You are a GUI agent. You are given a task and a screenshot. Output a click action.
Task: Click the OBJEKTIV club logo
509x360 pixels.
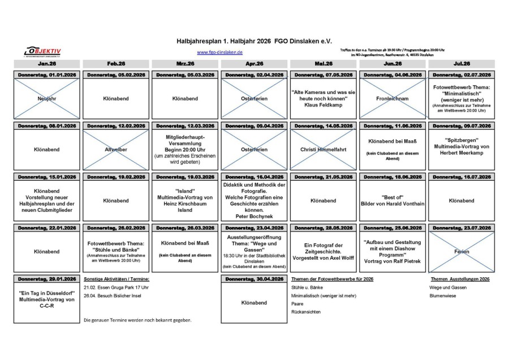pos(42,52)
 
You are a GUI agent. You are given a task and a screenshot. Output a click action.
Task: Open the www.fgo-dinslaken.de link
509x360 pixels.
pos(219,52)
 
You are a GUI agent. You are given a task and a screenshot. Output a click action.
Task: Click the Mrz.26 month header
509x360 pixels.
pos(185,64)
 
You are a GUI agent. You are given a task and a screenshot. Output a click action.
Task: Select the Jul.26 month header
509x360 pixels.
pos(461,64)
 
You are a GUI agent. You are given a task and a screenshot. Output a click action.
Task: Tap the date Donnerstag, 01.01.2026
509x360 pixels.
pos(46,75)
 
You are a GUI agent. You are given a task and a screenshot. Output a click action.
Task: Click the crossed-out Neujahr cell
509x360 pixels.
pos(46,98)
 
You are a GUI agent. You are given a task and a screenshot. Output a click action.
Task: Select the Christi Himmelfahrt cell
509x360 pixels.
pos(323,149)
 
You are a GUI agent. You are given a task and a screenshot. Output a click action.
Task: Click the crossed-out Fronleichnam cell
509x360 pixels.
pos(392,98)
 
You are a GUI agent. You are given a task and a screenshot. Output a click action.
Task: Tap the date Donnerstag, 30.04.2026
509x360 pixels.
pos(254,279)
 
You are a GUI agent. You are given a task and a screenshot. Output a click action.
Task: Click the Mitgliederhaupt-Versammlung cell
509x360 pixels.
pos(185,146)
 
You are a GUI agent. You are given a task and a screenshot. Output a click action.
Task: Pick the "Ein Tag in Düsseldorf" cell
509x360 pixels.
pos(46,299)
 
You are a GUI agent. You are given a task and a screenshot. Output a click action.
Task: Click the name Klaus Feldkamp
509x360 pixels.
pos(323,105)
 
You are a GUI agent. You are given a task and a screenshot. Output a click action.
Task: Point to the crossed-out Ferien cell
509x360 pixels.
pos(461,251)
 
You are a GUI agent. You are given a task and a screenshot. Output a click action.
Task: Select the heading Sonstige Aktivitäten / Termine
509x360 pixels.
pos(116,279)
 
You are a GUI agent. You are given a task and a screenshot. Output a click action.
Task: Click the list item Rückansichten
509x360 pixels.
pos(306,312)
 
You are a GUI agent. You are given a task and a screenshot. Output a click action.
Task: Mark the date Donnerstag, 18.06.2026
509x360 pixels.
pos(392,177)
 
